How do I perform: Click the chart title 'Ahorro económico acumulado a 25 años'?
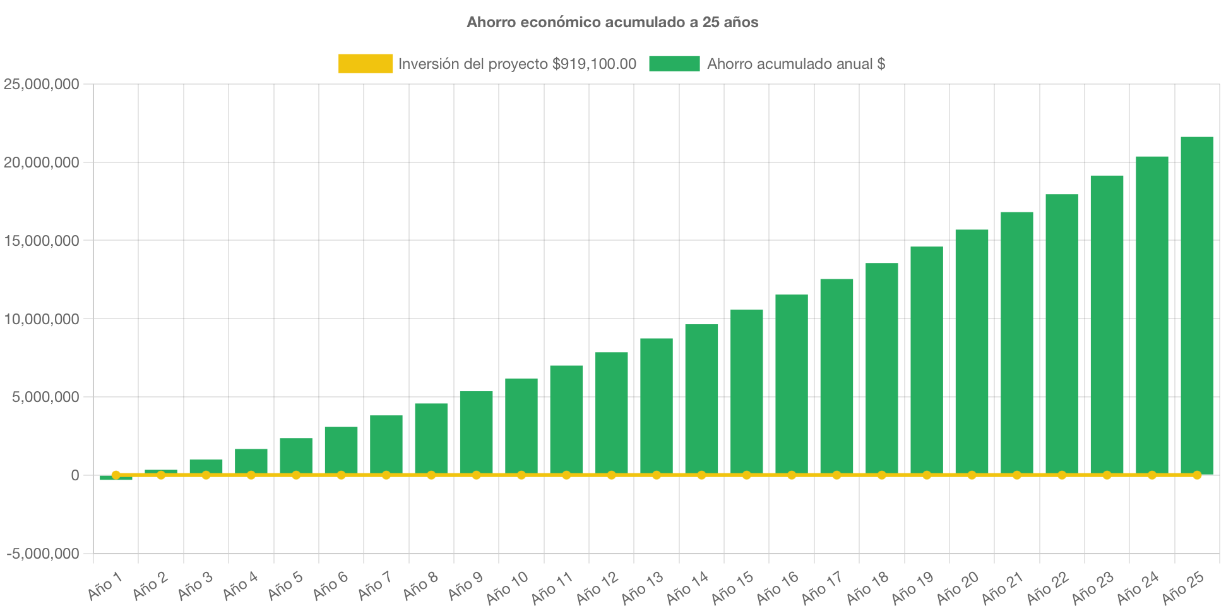[x=612, y=22]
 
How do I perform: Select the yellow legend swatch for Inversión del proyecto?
[x=365, y=63]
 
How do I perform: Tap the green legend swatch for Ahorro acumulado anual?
[x=674, y=63]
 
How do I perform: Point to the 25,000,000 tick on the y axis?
[x=42, y=84]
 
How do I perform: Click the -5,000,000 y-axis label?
[x=43, y=554]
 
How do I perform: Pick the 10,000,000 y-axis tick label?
[x=42, y=319]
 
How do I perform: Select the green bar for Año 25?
[x=1197, y=303]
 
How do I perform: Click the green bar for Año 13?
[x=657, y=404]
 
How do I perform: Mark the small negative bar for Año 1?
[x=116, y=478]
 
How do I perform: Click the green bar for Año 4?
[x=251, y=460]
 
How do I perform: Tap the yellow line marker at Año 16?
[x=792, y=475]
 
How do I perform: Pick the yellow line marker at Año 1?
[x=116, y=475]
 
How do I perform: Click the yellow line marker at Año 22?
[x=1062, y=475]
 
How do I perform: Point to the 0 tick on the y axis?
[x=74, y=475]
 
